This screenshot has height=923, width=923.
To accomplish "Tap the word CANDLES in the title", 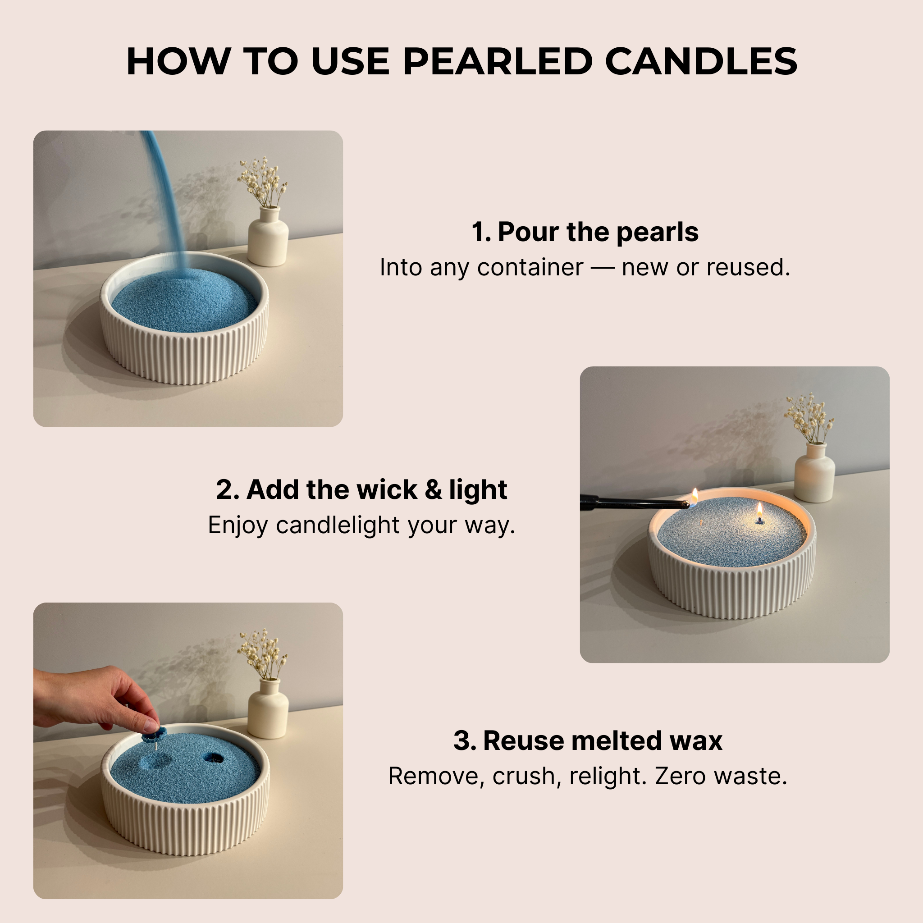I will [701, 62].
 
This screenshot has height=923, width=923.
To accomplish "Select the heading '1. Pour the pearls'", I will [585, 232].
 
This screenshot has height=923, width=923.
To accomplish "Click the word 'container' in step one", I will [530, 268].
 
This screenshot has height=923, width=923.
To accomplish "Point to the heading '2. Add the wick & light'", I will [361, 490].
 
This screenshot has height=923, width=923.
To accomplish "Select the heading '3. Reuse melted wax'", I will [588, 740].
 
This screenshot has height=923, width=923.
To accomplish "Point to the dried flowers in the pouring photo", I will [263, 182].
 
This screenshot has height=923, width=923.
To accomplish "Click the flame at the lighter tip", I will [695, 495].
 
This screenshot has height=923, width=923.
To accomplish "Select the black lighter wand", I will [631, 502].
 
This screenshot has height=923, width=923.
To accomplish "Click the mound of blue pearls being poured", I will [184, 301].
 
